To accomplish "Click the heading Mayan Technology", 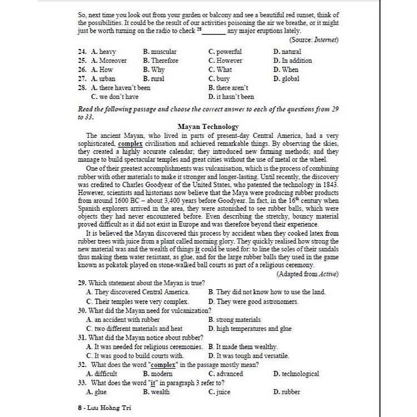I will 209,127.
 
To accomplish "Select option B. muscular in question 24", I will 160,52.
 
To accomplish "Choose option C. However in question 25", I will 225,61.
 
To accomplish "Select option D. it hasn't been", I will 231,96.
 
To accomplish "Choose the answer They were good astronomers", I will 253,301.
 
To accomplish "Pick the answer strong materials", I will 234,320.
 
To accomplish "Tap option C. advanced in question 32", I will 226,374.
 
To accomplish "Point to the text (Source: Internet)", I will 314,40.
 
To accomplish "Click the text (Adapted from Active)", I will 307,274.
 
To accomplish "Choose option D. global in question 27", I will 286,78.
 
